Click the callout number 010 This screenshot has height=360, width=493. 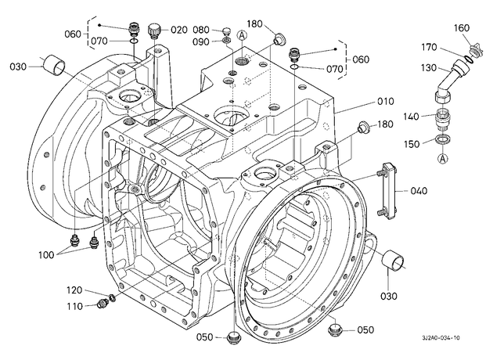tap(385, 101)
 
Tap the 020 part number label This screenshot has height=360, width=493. tap(179, 30)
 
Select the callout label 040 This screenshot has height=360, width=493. tap(419, 190)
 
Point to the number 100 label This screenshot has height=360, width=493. tap(46, 254)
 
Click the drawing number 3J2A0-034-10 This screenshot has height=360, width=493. tap(441, 337)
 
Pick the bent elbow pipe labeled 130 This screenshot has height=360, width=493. tap(447, 81)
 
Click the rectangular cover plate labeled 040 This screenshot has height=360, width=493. tap(387, 191)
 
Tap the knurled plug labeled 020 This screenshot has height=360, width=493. tap(154, 31)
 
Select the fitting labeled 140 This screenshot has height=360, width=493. tap(444, 118)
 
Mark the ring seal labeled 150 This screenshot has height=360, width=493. tap(443, 139)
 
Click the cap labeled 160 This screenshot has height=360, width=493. tap(474, 52)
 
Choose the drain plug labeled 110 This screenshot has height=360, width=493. tap(102, 304)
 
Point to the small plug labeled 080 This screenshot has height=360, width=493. tap(226, 31)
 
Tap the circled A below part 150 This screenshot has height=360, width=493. tap(443, 158)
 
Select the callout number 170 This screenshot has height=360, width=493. tap(430, 47)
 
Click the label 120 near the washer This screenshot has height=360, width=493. tap(74, 290)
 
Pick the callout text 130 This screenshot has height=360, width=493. tap(428, 67)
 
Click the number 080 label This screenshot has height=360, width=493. tap(201, 30)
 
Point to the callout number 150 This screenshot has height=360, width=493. tap(412, 144)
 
